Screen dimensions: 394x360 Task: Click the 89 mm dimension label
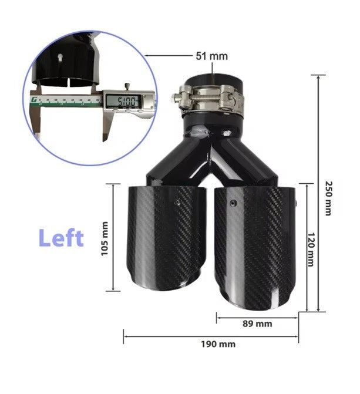coord(257,324)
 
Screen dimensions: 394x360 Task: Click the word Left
coord(61,237)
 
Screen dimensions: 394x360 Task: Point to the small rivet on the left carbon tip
coord(177,201)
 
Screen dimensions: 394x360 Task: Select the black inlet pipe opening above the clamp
coord(212,80)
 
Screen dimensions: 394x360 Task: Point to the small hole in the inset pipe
coord(61,57)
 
